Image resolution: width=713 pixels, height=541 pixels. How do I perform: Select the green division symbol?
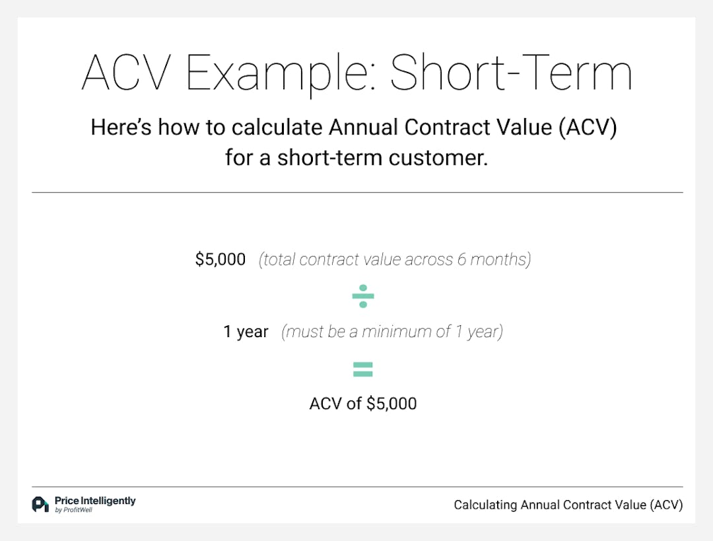[x=363, y=296]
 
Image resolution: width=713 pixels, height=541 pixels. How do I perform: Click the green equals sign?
[x=363, y=369]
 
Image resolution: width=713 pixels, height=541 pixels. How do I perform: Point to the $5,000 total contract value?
[x=221, y=259]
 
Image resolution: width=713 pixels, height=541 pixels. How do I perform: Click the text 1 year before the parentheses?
[x=246, y=332]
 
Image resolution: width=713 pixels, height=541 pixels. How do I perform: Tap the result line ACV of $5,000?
[x=363, y=403]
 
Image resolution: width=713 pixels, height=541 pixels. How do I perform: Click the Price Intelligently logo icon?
[x=40, y=504]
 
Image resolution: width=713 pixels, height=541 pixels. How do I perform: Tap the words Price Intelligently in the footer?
[x=95, y=501]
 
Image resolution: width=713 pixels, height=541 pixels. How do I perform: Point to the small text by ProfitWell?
[x=73, y=510]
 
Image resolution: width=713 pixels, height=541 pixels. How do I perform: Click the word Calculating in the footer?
[x=485, y=505]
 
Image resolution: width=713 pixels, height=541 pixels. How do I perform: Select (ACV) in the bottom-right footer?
[x=666, y=505]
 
